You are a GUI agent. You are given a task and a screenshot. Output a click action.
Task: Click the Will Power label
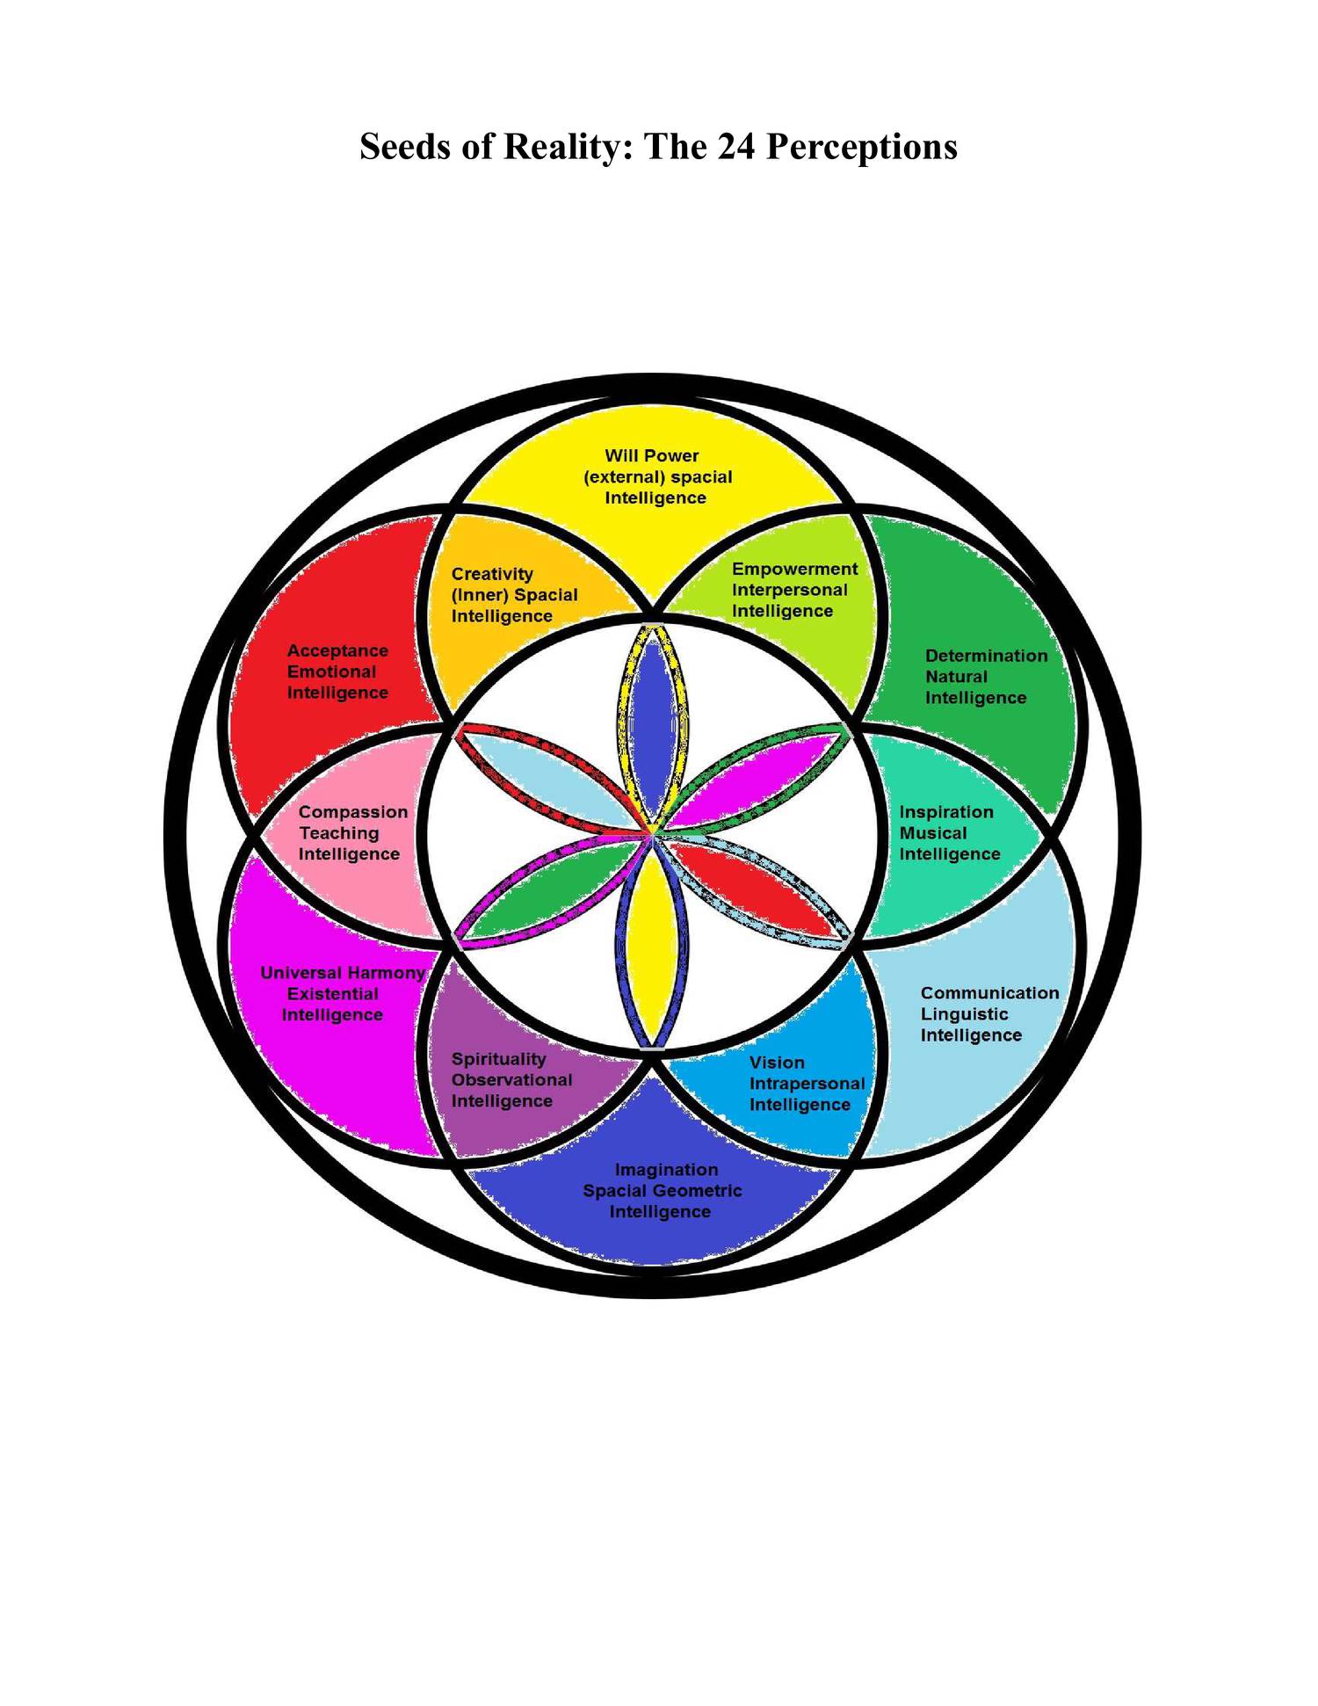point(651,455)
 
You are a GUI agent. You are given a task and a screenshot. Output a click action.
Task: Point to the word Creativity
point(492,574)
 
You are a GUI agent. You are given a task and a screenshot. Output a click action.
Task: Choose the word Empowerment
point(794,569)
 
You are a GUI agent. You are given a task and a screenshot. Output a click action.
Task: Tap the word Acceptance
point(337,650)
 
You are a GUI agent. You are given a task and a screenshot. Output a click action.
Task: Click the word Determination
point(986,656)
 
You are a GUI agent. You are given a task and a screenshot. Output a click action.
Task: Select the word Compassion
point(353,812)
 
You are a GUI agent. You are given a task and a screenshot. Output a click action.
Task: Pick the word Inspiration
point(946,812)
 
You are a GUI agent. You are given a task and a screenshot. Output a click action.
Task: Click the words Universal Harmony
point(343,973)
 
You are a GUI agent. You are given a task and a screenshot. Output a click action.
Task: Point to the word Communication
point(989,993)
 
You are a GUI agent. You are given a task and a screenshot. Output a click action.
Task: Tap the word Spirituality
point(498,1059)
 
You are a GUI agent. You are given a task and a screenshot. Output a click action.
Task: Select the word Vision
point(777,1063)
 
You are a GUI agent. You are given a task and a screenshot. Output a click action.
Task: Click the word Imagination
point(666,1170)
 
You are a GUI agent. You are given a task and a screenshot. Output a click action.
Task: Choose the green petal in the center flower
point(554,892)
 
